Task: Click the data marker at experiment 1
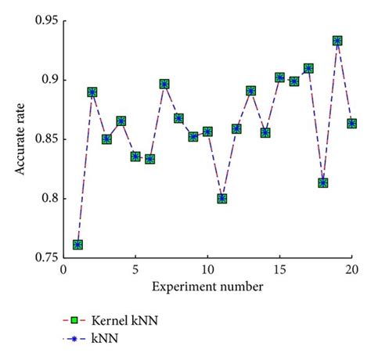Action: point(78,245)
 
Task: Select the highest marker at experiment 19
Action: point(337,41)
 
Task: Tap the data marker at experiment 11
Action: point(222,199)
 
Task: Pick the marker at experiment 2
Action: point(92,92)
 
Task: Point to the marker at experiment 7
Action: point(164,84)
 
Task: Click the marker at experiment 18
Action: point(323,183)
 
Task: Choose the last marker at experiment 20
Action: point(352,124)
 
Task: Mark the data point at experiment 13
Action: point(251,91)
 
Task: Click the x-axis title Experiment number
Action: point(207,287)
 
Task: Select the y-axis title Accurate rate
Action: point(15,138)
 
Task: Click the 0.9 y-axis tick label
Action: point(46,80)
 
